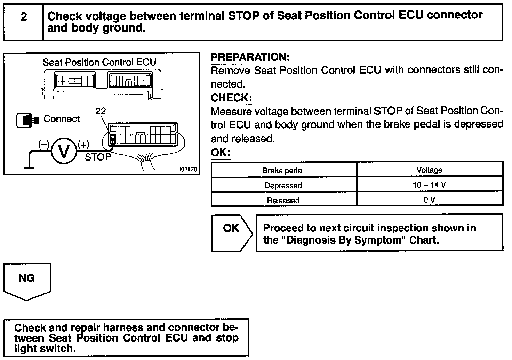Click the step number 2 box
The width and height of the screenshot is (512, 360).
pos(23,22)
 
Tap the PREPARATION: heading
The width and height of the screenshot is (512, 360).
pos(250,57)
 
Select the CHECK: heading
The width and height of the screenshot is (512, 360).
pos(231,98)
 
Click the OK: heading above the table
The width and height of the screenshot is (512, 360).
pos(221,153)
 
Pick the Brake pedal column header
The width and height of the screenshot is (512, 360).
pos(283,171)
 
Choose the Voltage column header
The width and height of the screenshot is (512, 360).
pos(429,170)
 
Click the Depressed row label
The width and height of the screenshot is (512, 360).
pos(283,186)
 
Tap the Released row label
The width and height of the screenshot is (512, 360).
pos(283,201)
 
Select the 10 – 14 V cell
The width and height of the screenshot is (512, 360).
pos(429,185)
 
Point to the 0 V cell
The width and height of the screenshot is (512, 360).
pos(429,200)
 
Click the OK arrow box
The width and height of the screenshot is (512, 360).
pos(232,232)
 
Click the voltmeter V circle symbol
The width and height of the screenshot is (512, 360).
pos(64,152)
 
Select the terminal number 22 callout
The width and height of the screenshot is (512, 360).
pos(100,111)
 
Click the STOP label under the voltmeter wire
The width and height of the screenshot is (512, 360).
pos(98,157)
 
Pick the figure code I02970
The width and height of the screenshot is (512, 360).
pos(188,170)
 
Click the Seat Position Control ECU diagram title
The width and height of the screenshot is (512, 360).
pos(99,63)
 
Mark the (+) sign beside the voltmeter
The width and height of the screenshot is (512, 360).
pos(83,144)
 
